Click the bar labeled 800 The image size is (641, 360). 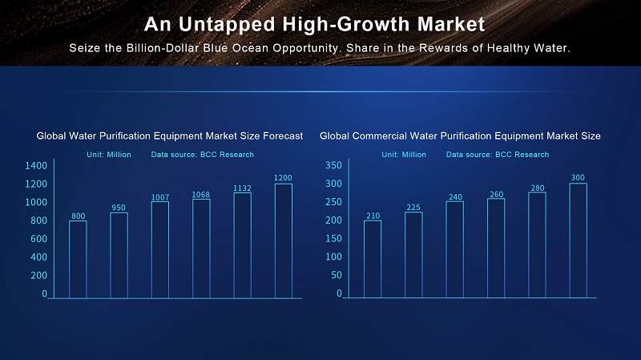pos(78,258)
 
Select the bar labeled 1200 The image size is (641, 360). pos(283,241)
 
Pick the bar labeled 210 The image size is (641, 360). pos(373,258)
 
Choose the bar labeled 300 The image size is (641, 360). pos(578,241)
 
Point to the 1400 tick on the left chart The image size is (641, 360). pos(39,165)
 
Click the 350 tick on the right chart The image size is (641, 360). pos(334,165)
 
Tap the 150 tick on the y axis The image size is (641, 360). pos(334,239)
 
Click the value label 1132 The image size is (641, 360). pos(242,188)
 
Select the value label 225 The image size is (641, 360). pos(413,208)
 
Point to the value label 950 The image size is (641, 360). pos(119,208)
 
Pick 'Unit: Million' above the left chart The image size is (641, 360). pos(109,154)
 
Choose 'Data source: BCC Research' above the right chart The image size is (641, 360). pos(498,154)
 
